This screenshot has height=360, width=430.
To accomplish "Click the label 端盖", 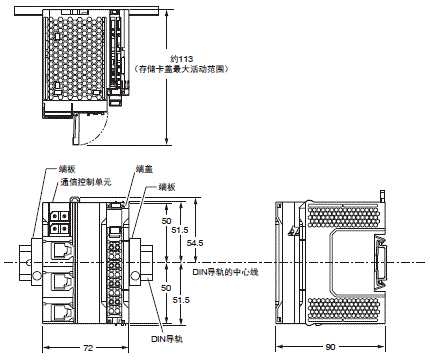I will click(x=143, y=170).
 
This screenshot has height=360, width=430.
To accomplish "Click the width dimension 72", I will click(x=87, y=346).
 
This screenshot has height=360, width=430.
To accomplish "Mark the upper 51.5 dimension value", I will click(x=180, y=230).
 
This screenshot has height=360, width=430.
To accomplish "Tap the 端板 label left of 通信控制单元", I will click(x=66, y=170).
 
